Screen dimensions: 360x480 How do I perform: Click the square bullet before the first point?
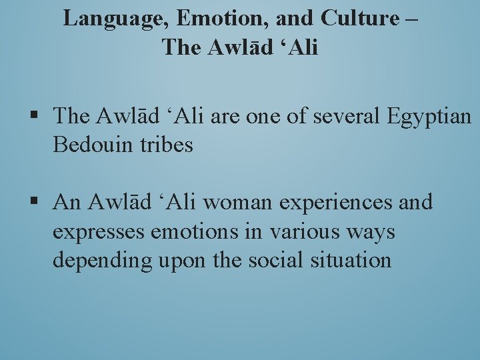pyautogui.click(x=34, y=117)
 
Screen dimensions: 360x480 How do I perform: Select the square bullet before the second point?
pyautogui.click(x=34, y=202)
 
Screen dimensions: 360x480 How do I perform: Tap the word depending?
pyautogui.click(x=103, y=261)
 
